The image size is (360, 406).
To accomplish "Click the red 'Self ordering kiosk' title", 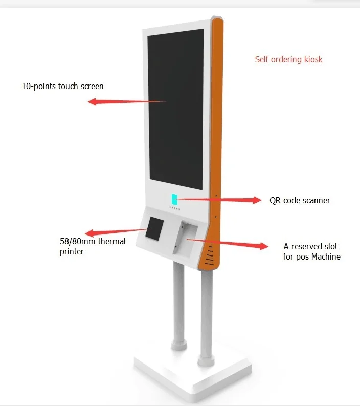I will [289, 59].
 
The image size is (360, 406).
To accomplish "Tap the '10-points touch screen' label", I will [62, 86].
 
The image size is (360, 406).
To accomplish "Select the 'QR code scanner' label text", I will [300, 200].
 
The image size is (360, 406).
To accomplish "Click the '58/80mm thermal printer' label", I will [93, 246].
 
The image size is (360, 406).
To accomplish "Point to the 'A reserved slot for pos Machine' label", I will [311, 251].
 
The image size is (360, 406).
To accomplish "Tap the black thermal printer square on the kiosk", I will [154, 229].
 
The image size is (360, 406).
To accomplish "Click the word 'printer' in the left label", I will [72, 251].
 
